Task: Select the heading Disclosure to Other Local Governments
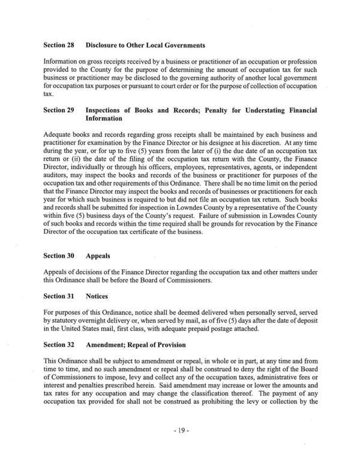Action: pos(145,45)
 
